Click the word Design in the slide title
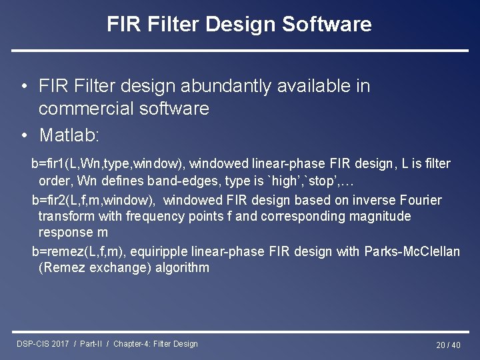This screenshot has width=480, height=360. click(x=237, y=25)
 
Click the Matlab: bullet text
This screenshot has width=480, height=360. click(x=69, y=135)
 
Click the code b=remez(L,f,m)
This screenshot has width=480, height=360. click(x=80, y=251)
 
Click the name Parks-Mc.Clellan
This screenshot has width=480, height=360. click(x=412, y=251)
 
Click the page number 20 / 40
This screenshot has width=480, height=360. click(x=448, y=345)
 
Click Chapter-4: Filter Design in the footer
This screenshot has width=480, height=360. click(x=155, y=344)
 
